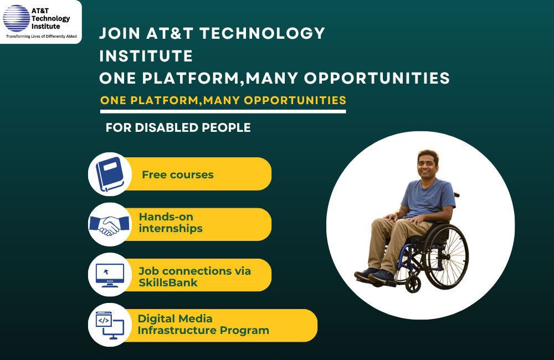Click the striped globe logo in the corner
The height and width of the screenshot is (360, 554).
click(16, 17)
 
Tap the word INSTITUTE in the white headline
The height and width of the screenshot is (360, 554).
click(146, 56)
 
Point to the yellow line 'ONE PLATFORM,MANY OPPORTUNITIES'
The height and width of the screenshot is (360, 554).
click(223, 101)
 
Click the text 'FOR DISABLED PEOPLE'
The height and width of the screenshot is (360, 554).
click(178, 128)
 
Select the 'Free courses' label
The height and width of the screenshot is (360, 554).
click(177, 175)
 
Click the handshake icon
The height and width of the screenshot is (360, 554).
click(110, 224)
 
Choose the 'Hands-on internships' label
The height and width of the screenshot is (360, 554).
click(171, 223)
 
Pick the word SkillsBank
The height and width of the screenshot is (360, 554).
click(168, 282)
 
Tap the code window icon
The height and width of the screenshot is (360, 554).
click(110, 325)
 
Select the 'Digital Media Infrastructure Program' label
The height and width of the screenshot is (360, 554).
click(203, 325)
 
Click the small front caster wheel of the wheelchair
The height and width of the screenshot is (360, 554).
click(413, 284)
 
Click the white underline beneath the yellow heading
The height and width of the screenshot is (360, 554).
click(223, 111)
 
